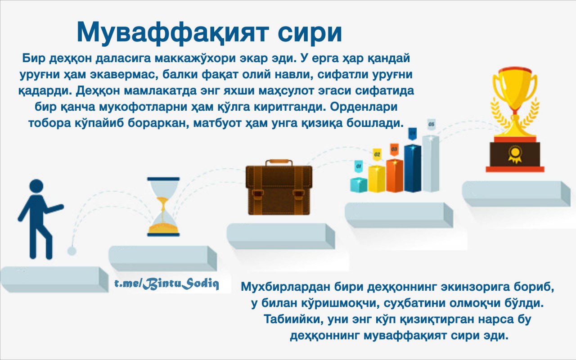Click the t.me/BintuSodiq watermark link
point(166,284)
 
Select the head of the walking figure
point(36,186)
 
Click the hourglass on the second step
point(163,207)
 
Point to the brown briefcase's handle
point(279,163)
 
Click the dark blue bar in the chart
point(413,168)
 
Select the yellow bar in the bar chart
point(377,179)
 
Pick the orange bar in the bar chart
point(395,175)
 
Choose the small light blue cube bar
point(359,185)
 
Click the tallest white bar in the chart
point(431,163)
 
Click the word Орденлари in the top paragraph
point(364,107)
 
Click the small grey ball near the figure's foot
point(72,251)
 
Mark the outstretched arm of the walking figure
point(54,208)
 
